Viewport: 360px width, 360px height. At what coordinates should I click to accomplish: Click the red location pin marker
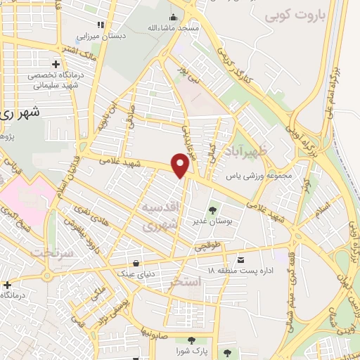(181, 165)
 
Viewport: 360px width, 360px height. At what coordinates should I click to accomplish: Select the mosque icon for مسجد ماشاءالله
(174, 18)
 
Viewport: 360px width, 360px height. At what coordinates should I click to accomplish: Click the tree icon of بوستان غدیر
(212, 209)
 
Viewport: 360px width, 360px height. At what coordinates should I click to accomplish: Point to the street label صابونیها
(151, 330)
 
